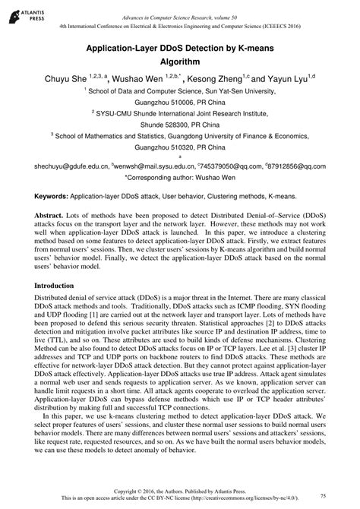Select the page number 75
[x=324, y=495]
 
